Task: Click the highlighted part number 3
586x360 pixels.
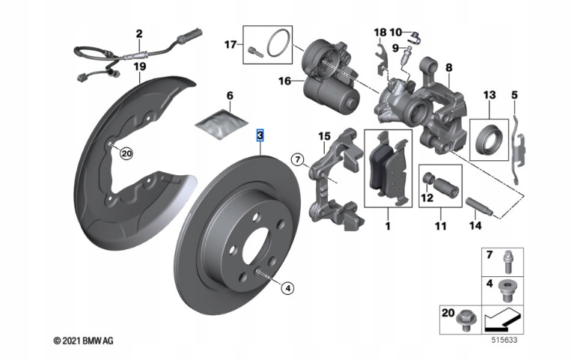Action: [260, 135]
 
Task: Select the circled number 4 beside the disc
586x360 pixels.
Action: [287, 285]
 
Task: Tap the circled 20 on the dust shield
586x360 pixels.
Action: [125, 153]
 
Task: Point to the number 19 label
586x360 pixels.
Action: [139, 67]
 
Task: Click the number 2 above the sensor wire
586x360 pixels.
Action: [138, 34]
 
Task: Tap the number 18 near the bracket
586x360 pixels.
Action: [379, 32]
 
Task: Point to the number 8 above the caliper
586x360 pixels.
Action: [448, 67]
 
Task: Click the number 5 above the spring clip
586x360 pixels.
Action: [515, 95]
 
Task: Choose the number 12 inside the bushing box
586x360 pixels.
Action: [427, 198]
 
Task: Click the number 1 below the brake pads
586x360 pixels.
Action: [387, 224]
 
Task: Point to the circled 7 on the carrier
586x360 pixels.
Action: [297, 159]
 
